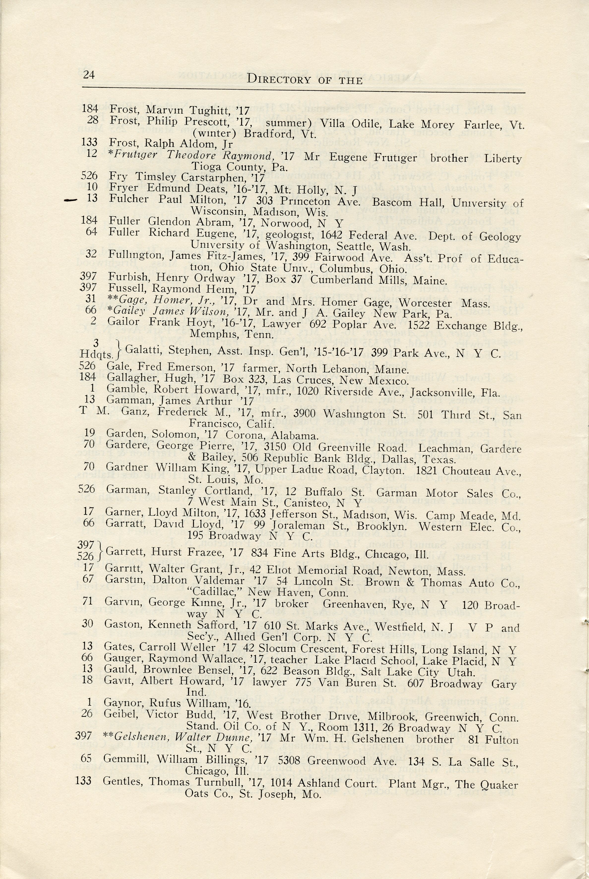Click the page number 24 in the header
[x=89, y=75]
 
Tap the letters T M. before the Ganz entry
[x=94, y=410]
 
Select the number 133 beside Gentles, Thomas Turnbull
[x=83, y=780]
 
